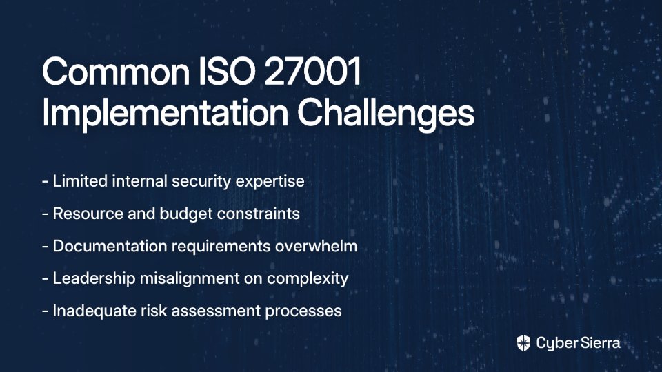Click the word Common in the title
(x=116, y=71)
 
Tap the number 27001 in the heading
(x=313, y=71)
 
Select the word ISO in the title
(x=227, y=71)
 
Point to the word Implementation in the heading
(x=165, y=112)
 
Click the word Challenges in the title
(x=386, y=112)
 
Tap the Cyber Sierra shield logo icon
(x=523, y=343)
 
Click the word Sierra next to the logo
(x=599, y=343)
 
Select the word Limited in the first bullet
(x=80, y=181)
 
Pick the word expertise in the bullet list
(x=270, y=182)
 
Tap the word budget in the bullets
(x=185, y=214)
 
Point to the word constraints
(x=259, y=214)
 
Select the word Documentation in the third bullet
(x=110, y=246)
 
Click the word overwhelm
(x=317, y=246)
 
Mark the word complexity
(x=308, y=279)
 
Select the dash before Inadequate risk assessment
(x=46, y=311)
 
